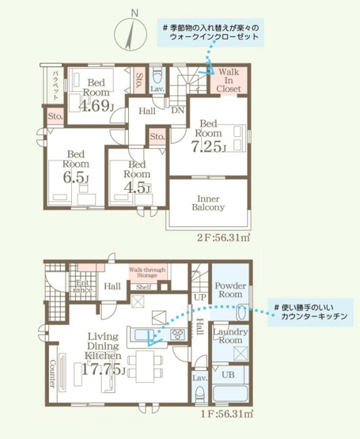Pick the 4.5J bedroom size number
(137, 188)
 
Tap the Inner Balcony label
(209, 202)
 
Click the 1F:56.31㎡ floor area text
(225, 413)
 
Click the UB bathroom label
(227, 373)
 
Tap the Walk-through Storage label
(147, 273)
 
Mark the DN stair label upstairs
(178, 112)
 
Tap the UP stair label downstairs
(201, 297)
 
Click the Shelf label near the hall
(144, 287)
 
